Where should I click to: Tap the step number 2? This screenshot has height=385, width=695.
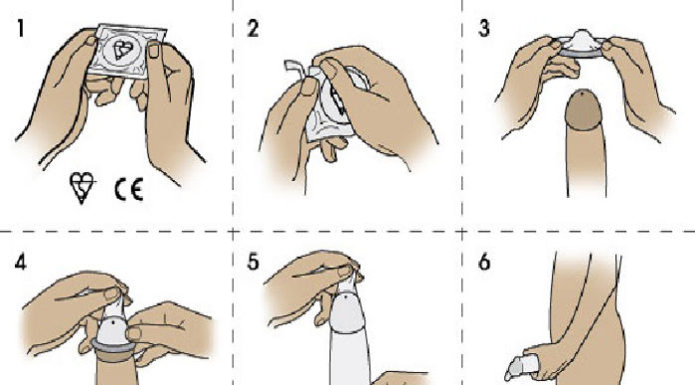point(254,28)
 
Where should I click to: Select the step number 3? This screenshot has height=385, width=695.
point(484,28)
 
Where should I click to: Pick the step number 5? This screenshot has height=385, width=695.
point(255,267)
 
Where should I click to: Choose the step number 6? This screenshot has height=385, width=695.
point(485,267)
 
